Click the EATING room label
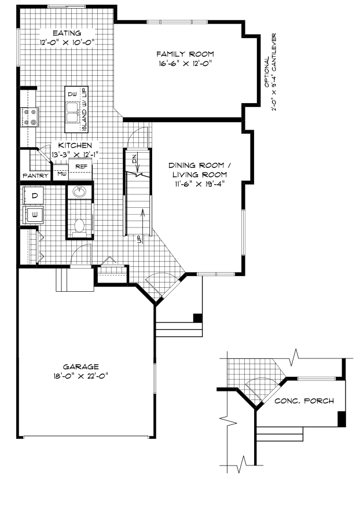pos(67,33)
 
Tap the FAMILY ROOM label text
pos(181,54)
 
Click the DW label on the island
pos(72,94)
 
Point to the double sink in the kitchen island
pos(73,112)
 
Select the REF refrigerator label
pos(81,166)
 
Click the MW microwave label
pos(61,173)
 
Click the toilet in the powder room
pos(79,225)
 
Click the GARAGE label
pos(80,366)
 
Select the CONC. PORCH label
pos(304,401)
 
